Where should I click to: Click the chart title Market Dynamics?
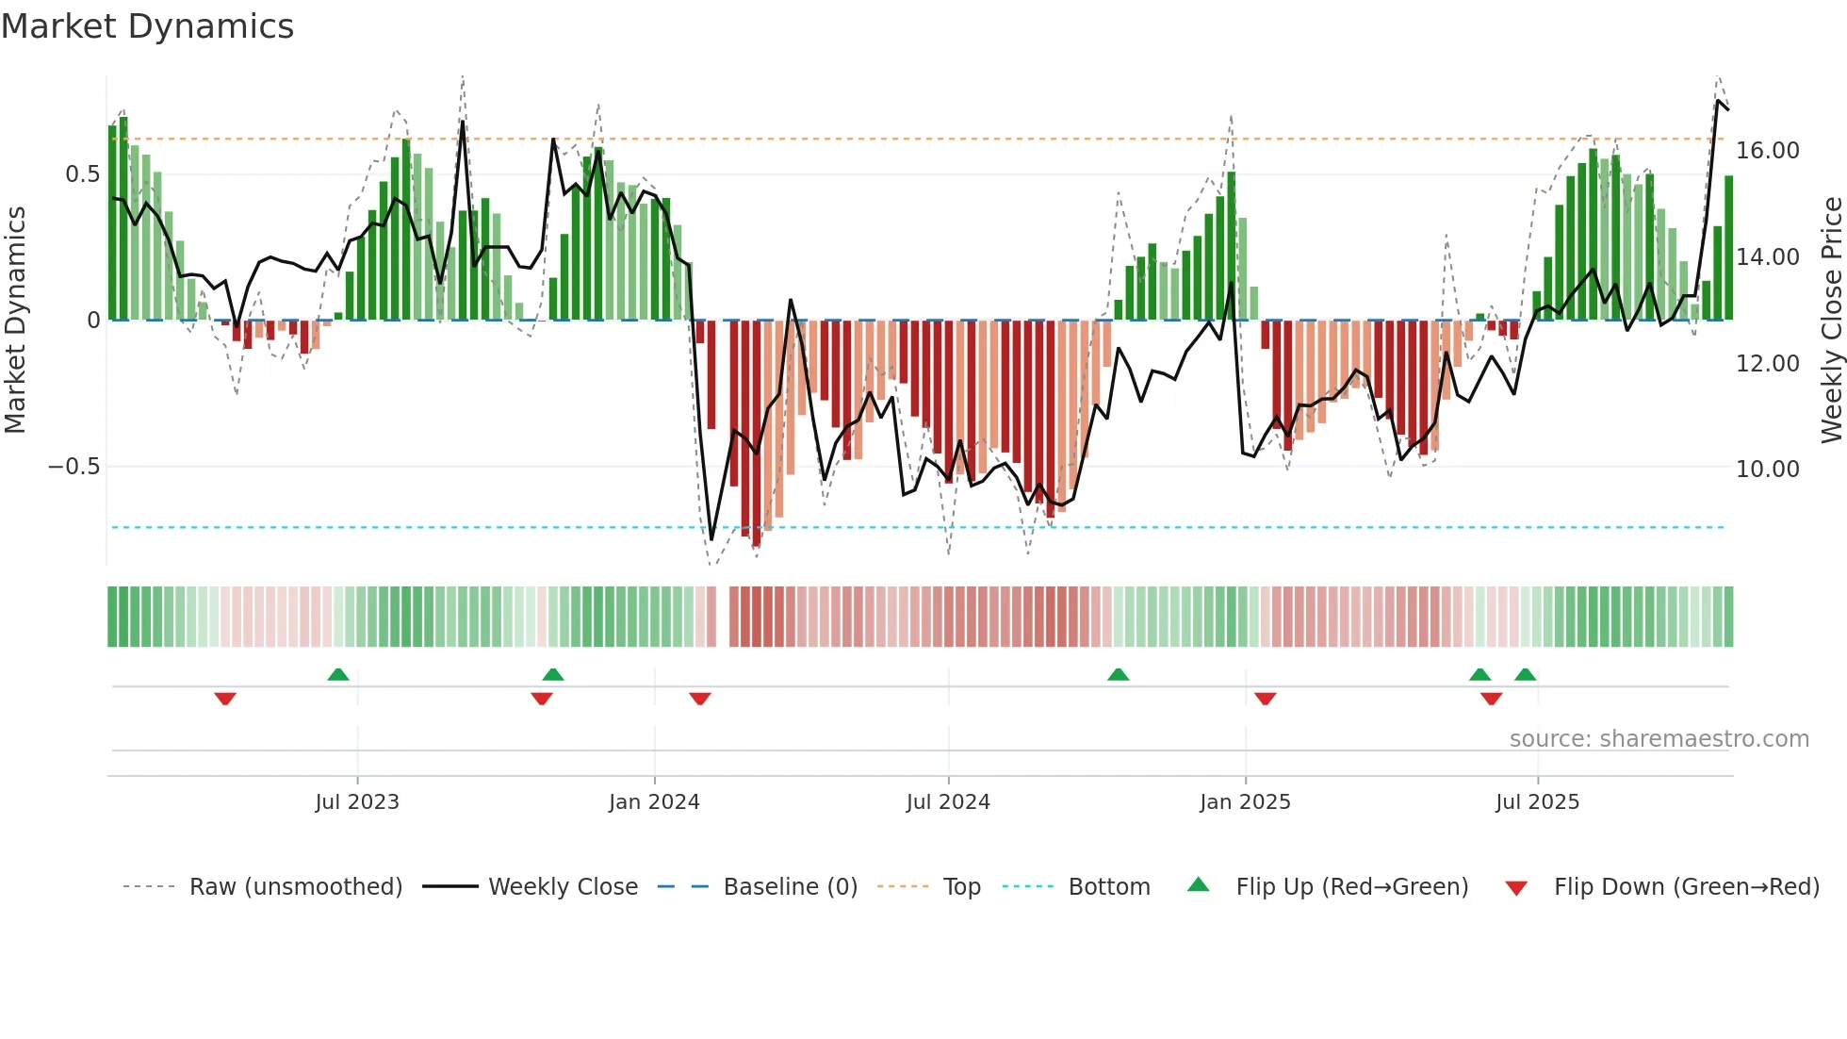[x=148, y=26]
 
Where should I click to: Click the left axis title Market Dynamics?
[x=15, y=320]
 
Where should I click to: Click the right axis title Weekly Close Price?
[x=1831, y=320]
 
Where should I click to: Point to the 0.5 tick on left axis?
[x=82, y=174]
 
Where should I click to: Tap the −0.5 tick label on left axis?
[x=74, y=467]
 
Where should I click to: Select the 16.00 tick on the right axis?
[x=1767, y=151]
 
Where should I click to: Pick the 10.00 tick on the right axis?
[x=1767, y=470]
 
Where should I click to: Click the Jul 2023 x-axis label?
[x=357, y=802]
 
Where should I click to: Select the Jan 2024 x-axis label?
[x=654, y=802]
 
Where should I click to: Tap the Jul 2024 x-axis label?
[x=948, y=802]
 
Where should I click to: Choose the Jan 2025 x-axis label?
[x=1245, y=802]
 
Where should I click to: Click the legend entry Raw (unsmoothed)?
[x=295, y=887]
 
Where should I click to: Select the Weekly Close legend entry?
[x=563, y=887]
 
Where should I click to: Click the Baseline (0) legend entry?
[x=790, y=887]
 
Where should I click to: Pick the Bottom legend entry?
[x=1108, y=887]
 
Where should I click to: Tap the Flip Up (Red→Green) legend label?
[x=1351, y=887]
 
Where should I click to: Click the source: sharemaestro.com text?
[x=1659, y=739]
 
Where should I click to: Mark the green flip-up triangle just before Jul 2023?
[x=338, y=674]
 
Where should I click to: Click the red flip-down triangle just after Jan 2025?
[x=1265, y=699]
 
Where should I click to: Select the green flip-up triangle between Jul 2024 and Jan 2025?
[x=1118, y=674]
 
